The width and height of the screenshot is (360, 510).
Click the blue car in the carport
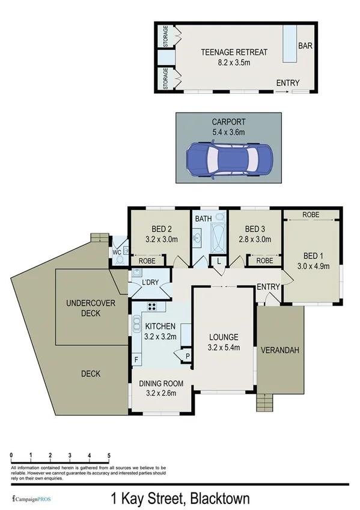coord(229,159)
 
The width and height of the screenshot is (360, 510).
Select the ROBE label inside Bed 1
coord(311,215)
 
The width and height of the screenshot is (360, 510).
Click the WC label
coord(117,252)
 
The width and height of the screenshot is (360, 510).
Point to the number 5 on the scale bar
coord(109,455)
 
